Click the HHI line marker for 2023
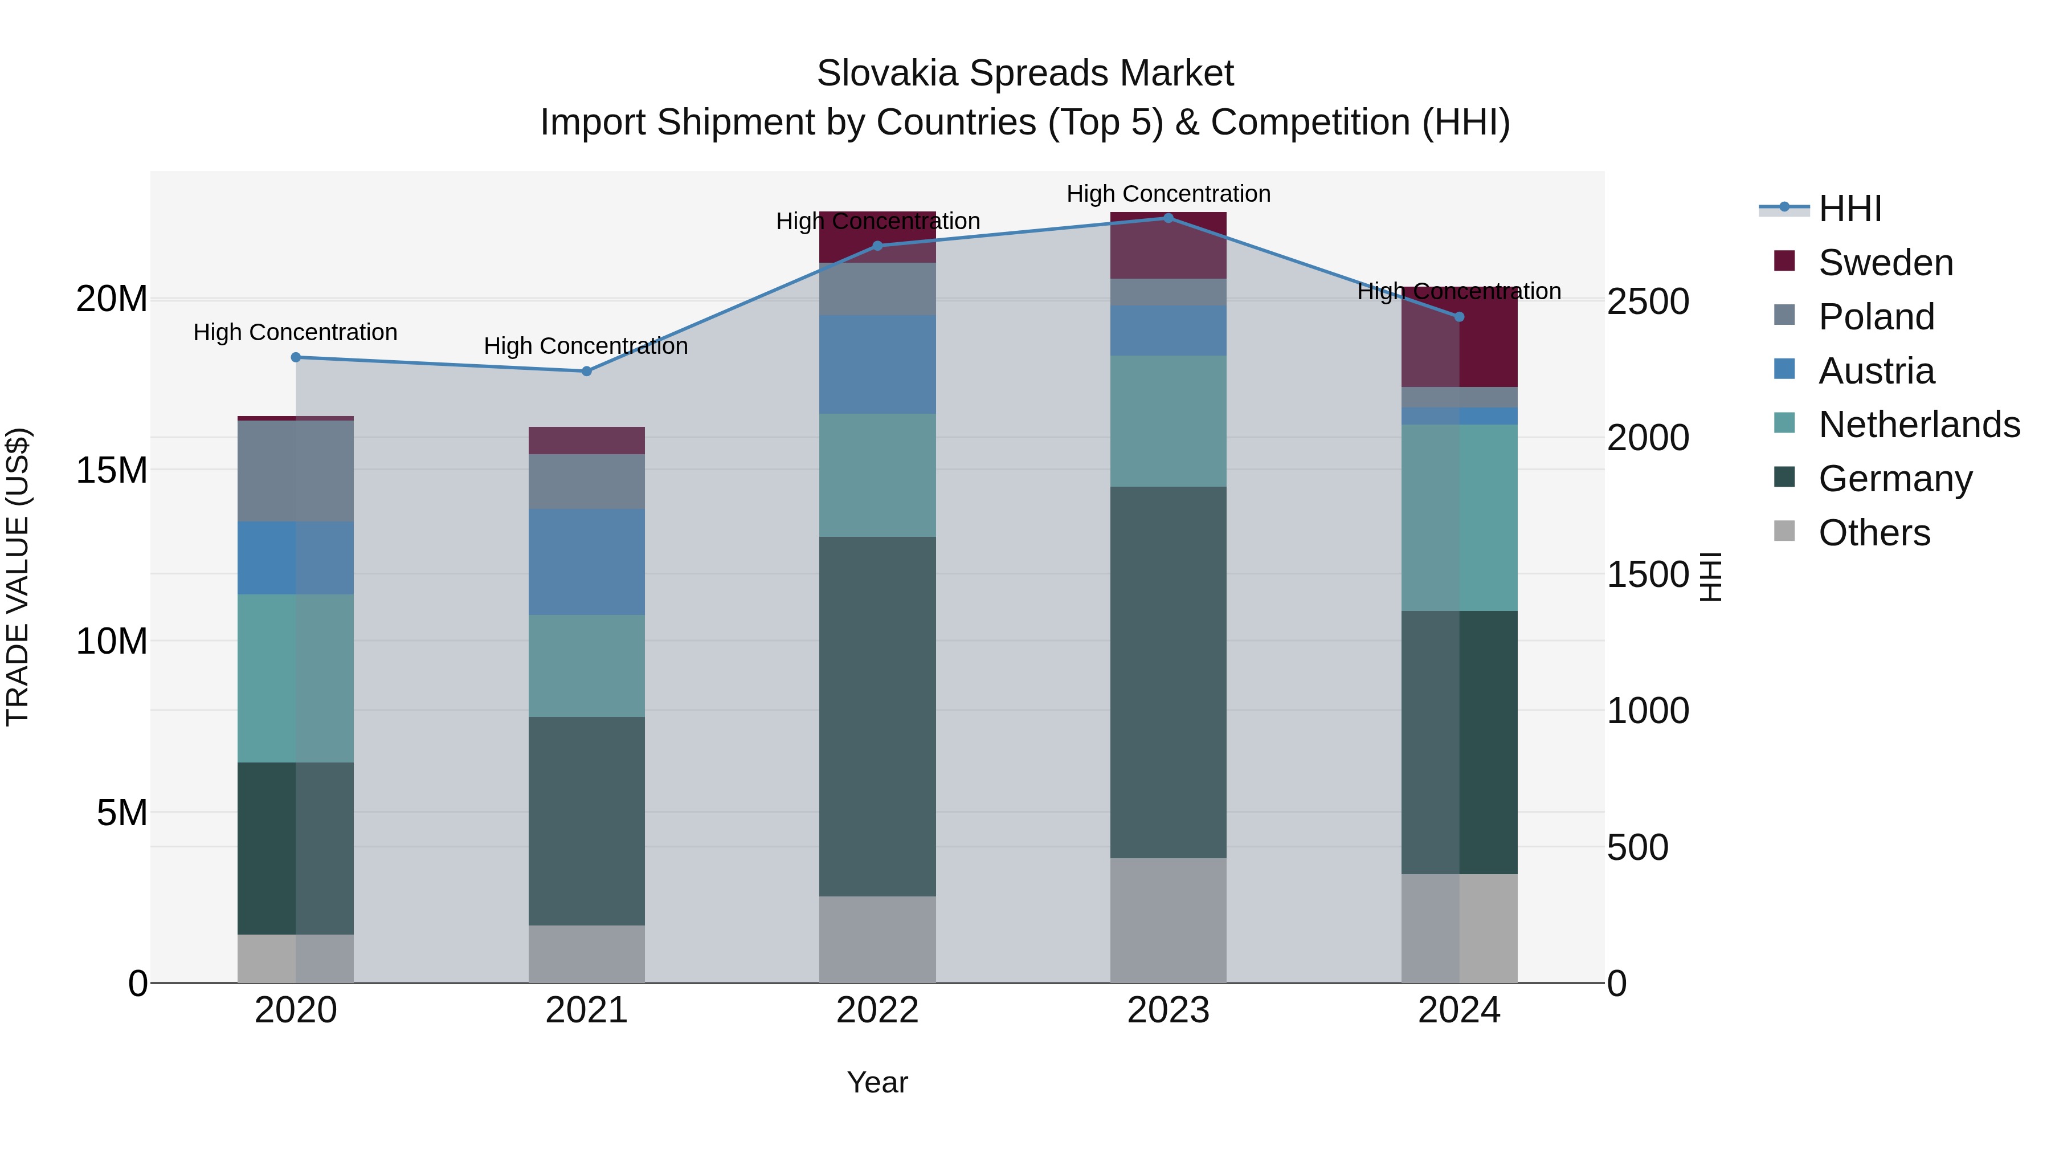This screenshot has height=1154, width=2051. [x=1168, y=218]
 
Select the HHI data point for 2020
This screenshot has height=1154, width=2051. [x=295, y=357]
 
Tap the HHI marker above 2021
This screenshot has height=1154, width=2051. [x=587, y=371]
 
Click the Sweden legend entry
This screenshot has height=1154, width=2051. [x=1885, y=263]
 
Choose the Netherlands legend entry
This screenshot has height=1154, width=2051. [x=1918, y=425]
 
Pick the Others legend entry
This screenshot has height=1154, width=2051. [x=1873, y=533]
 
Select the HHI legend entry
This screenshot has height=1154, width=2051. [x=1849, y=209]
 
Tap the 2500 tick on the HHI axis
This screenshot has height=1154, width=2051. [x=1647, y=302]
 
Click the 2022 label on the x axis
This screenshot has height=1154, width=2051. [x=877, y=1010]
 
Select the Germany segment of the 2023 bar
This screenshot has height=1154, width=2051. [x=1168, y=673]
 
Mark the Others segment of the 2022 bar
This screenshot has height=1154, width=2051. [x=877, y=940]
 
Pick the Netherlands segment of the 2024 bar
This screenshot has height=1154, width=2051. [x=1460, y=517]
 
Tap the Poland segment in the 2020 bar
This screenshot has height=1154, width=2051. [x=295, y=471]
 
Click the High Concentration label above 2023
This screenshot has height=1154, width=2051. [x=1168, y=194]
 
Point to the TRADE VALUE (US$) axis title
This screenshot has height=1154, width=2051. [x=18, y=577]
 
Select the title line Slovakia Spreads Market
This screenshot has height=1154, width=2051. [x=1025, y=74]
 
